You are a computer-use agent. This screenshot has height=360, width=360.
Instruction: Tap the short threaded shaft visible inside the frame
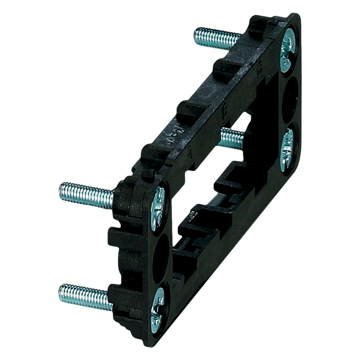tap(232, 137)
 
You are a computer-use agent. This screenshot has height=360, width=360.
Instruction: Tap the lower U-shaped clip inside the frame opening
tap(197, 225)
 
